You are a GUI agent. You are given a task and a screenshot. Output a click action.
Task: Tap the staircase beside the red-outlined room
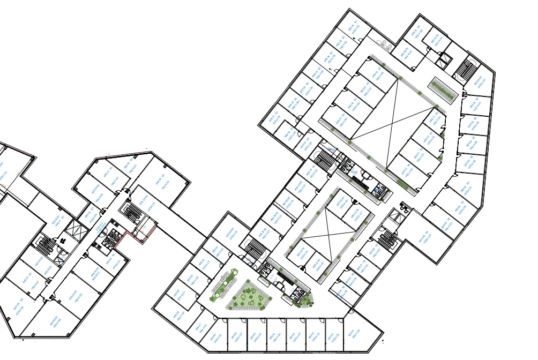click(131, 211)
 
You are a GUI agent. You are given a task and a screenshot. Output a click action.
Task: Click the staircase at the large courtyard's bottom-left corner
click(325, 159)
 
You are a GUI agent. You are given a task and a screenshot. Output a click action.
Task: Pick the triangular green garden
click(248, 296)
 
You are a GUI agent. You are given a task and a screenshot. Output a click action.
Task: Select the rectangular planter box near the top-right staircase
click(442, 90)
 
